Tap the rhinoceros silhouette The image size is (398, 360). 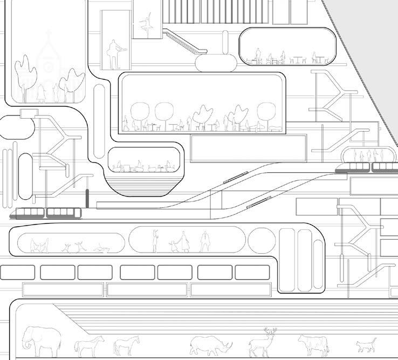coord(210,344)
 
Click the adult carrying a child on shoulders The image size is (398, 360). coord(156,241)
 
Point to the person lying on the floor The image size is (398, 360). coord(102,249)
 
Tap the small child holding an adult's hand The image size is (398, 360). coord(173,246)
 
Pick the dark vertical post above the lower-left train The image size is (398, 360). coord(86,199)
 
